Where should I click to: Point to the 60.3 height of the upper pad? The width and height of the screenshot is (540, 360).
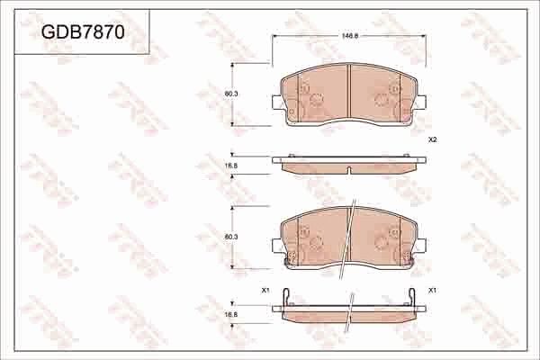[x=230, y=94]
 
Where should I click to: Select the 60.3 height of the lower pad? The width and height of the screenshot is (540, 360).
[x=230, y=236]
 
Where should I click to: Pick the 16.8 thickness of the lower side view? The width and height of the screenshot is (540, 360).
[x=230, y=314]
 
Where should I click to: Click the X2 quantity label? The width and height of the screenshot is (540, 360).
[x=432, y=139]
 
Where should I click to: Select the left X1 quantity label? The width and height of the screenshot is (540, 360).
[x=265, y=290]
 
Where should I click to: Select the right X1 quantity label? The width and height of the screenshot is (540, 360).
[x=433, y=290]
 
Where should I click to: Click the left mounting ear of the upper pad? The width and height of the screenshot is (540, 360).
[x=275, y=103]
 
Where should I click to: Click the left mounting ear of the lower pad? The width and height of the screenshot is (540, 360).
[x=275, y=244]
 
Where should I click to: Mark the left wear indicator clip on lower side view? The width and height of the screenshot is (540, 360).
[x=285, y=296]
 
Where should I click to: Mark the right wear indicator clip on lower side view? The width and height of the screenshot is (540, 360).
[x=413, y=296]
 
